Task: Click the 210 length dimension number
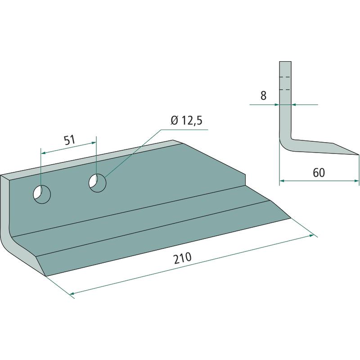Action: pos(183,258)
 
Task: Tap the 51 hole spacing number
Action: pos(70,140)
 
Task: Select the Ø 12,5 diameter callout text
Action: pos(186,121)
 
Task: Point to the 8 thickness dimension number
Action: pos(263,95)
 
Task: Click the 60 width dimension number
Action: pos(319,173)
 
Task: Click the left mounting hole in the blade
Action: pos(42,194)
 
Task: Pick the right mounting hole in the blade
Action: pos(97,183)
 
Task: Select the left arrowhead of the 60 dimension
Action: pos(282,181)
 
